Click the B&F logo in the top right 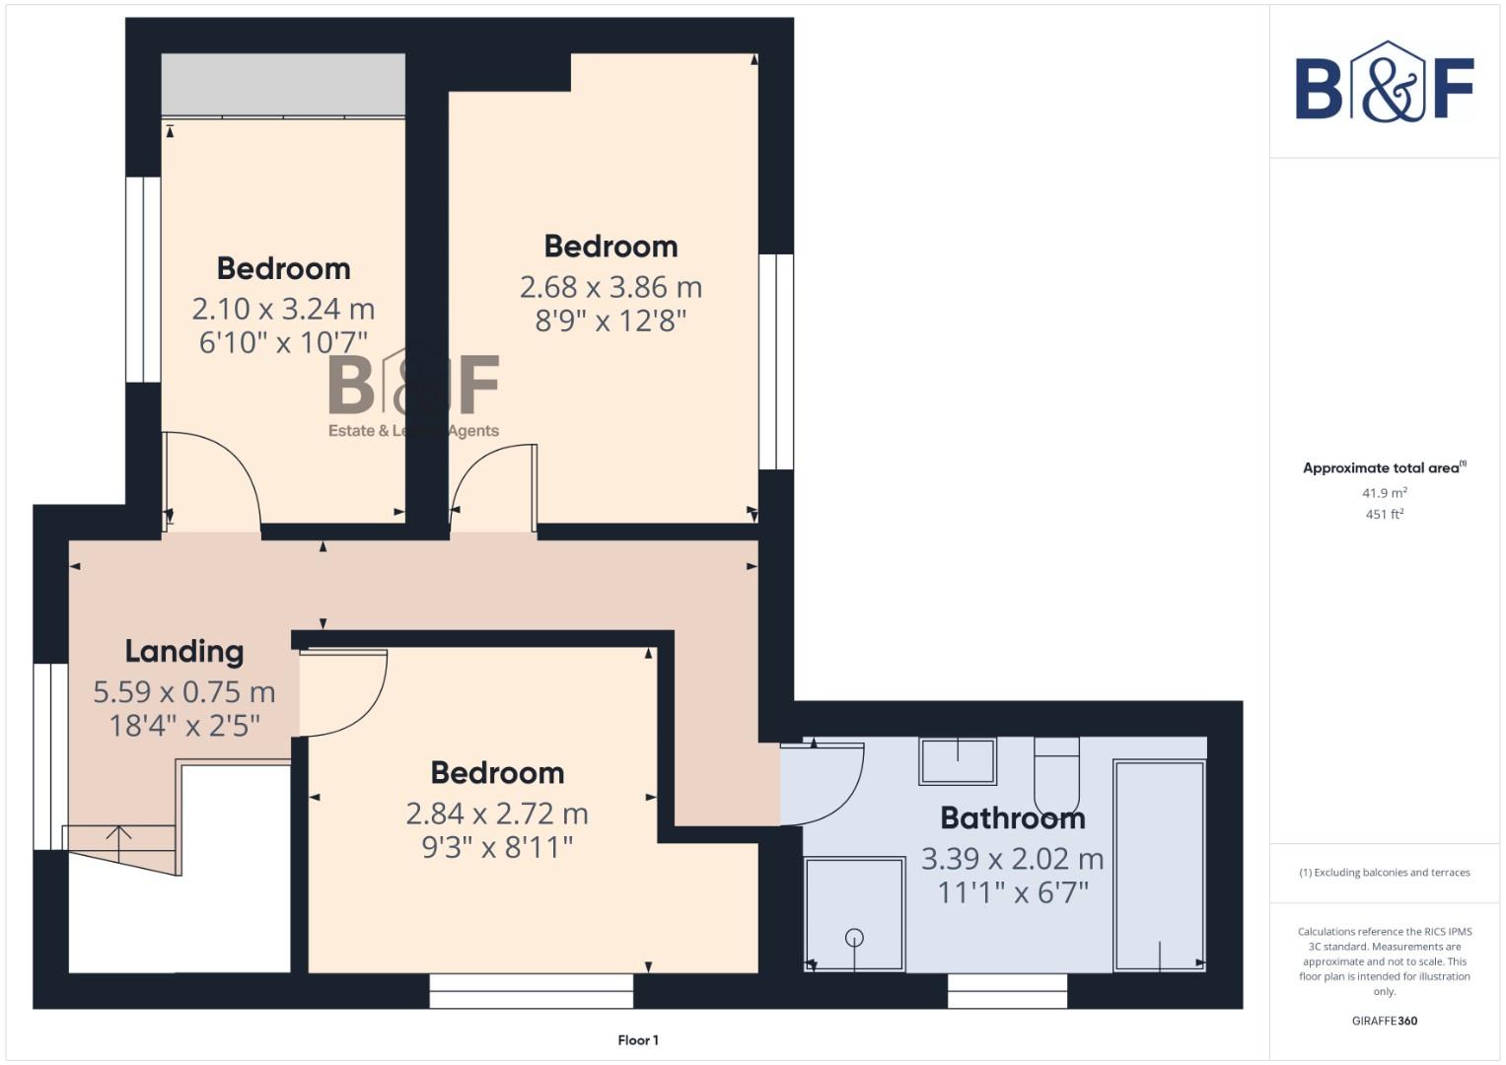click(1385, 83)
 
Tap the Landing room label click(183, 651)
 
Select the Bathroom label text click(1012, 817)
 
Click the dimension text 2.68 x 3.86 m click(610, 287)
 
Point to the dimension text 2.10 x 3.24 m click(283, 309)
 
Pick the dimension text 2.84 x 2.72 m click(497, 814)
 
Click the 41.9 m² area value click(1384, 492)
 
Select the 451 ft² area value click(1384, 514)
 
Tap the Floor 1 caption click(638, 1039)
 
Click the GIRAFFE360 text click(1384, 1021)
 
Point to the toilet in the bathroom click(1056, 774)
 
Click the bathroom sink click(957, 760)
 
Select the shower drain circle click(854, 938)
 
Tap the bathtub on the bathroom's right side click(1159, 865)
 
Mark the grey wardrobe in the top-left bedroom click(283, 85)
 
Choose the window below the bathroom click(1007, 991)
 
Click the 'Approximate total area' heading click(1384, 467)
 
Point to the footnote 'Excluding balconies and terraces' click(1384, 872)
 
